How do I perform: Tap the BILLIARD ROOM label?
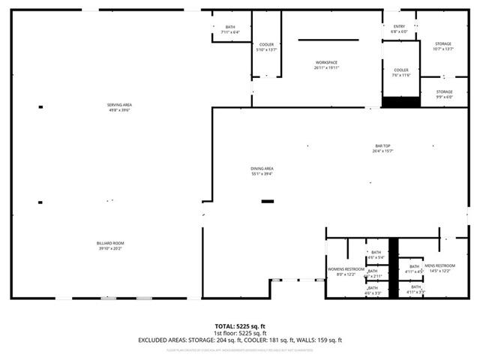pos(109,245)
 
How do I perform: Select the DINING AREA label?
pos(262,170)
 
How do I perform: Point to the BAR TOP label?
pos(383,148)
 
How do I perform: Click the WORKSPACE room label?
pos(326,64)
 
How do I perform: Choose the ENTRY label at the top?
pos(399,28)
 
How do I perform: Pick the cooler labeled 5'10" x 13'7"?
pos(266,47)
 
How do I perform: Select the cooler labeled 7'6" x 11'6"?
pos(401,72)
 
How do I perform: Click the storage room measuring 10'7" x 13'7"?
pos(444,46)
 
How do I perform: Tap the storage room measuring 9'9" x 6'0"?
pos(444,94)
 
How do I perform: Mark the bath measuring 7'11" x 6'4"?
pos(229,29)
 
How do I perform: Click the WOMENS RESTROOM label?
pos(346,271)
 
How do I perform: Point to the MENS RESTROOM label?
pos(440,268)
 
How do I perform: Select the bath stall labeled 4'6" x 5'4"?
pos(375,254)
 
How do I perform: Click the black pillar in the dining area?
pos(267,201)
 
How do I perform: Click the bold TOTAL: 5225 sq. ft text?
pos(239,326)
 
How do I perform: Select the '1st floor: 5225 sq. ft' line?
pos(239,333)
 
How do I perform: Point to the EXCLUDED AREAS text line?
pos(239,340)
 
